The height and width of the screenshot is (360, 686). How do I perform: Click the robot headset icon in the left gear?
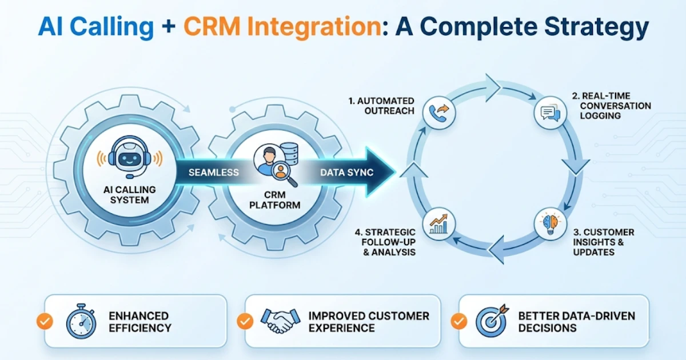point(129,158)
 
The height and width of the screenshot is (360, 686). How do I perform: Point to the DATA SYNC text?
point(346,172)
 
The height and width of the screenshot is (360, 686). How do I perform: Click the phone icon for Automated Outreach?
point(438,113)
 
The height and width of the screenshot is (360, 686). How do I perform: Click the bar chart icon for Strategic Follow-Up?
point(438,223)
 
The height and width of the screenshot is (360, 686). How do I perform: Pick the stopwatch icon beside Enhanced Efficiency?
point(81,322)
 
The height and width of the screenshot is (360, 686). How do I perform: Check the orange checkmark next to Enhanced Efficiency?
point(45,321)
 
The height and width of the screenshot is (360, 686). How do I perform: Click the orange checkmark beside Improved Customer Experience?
point(245,321)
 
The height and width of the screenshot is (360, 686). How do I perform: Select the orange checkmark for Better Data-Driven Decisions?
point(458,321)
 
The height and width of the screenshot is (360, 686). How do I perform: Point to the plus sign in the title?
point(167,27)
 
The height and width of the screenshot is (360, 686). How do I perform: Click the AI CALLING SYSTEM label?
point(129,194)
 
